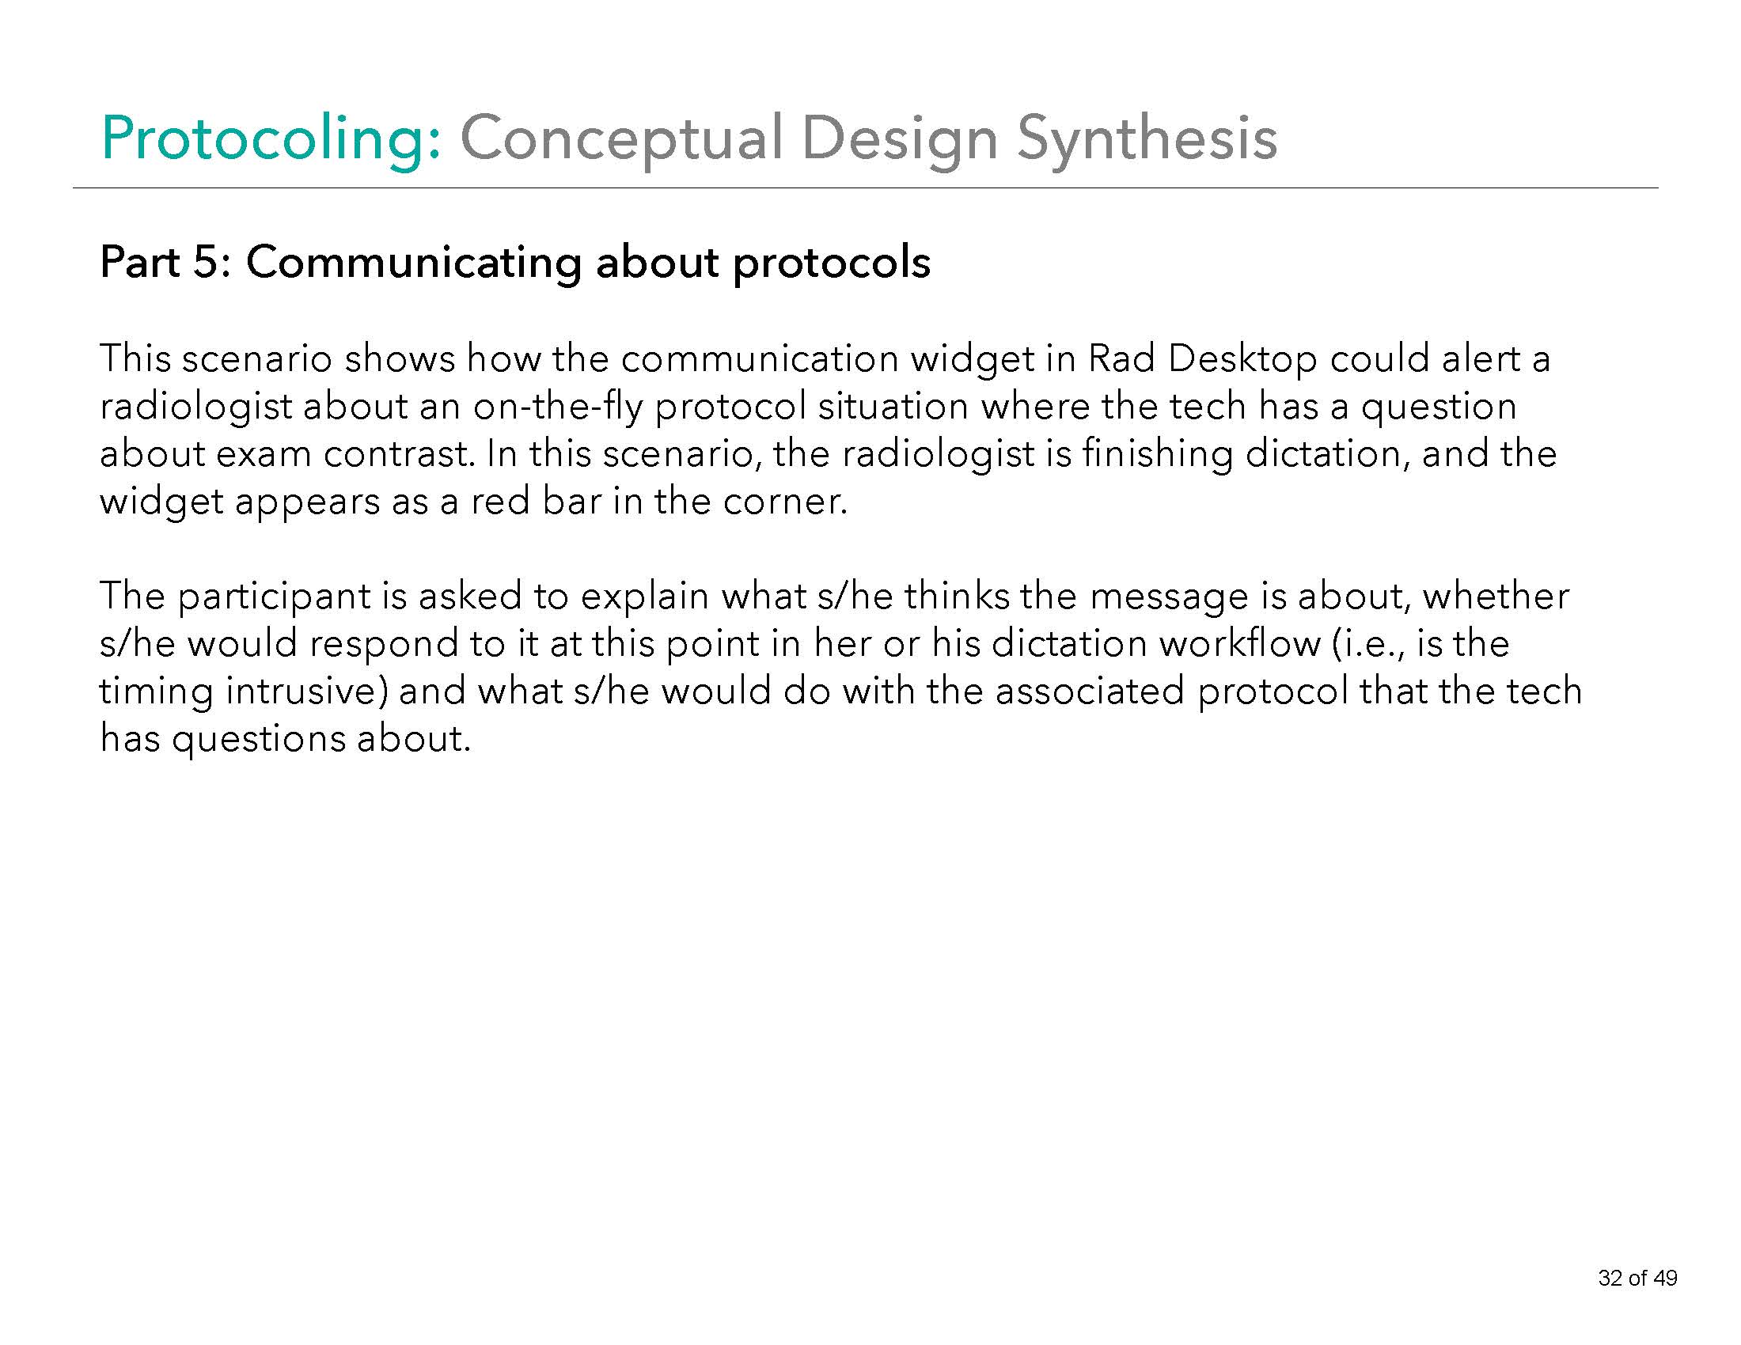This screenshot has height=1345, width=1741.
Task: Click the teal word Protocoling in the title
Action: tap(270, 139)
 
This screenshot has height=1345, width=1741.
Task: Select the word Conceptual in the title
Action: tap(620, 139)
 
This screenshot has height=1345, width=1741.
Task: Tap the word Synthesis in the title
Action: tap(1147, 139)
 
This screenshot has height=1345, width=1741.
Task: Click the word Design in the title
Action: tap(899, 139)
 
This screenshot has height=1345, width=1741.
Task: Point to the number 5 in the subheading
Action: tap(206, 262)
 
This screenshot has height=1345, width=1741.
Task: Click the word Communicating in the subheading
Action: tap(414, 262)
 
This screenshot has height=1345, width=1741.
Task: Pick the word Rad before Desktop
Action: tap(1121, 358)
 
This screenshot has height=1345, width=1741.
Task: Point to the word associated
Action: tap(1090, 691)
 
